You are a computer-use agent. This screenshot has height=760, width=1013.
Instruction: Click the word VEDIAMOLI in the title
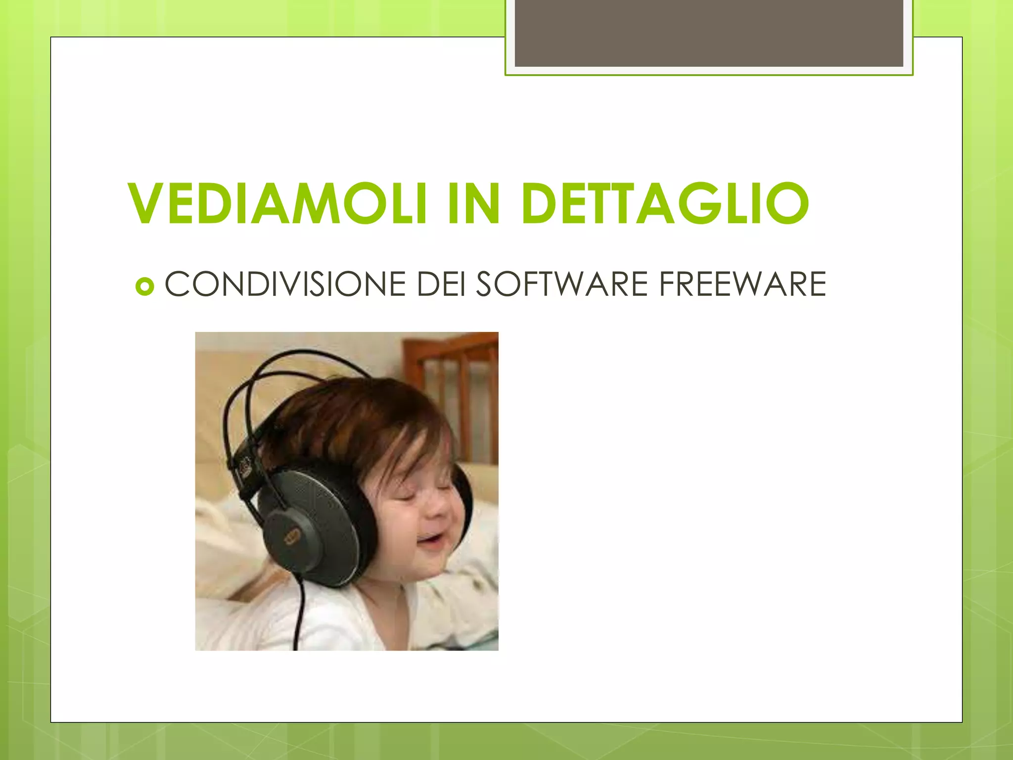pyautogui.click(x=277, y=203)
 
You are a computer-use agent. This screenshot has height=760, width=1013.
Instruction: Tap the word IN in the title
pyautogui.click(x=473, y=203)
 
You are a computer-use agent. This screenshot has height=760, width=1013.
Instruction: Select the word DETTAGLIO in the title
pyautogui.click(x=665, y=203)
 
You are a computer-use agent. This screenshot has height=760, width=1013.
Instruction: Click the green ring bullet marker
pyautogui.click(x=144, y=286)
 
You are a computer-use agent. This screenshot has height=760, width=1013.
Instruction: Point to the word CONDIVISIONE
pyautogui.click(x=285, y=285)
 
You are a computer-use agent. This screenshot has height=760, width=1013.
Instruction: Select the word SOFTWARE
pyautogui.click(x=561, y=285)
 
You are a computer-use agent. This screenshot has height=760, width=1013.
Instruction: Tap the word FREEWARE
pyautogui.click(x=742, y=285)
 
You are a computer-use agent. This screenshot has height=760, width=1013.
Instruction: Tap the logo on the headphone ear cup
pyautogui.click(x=292, y=536)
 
